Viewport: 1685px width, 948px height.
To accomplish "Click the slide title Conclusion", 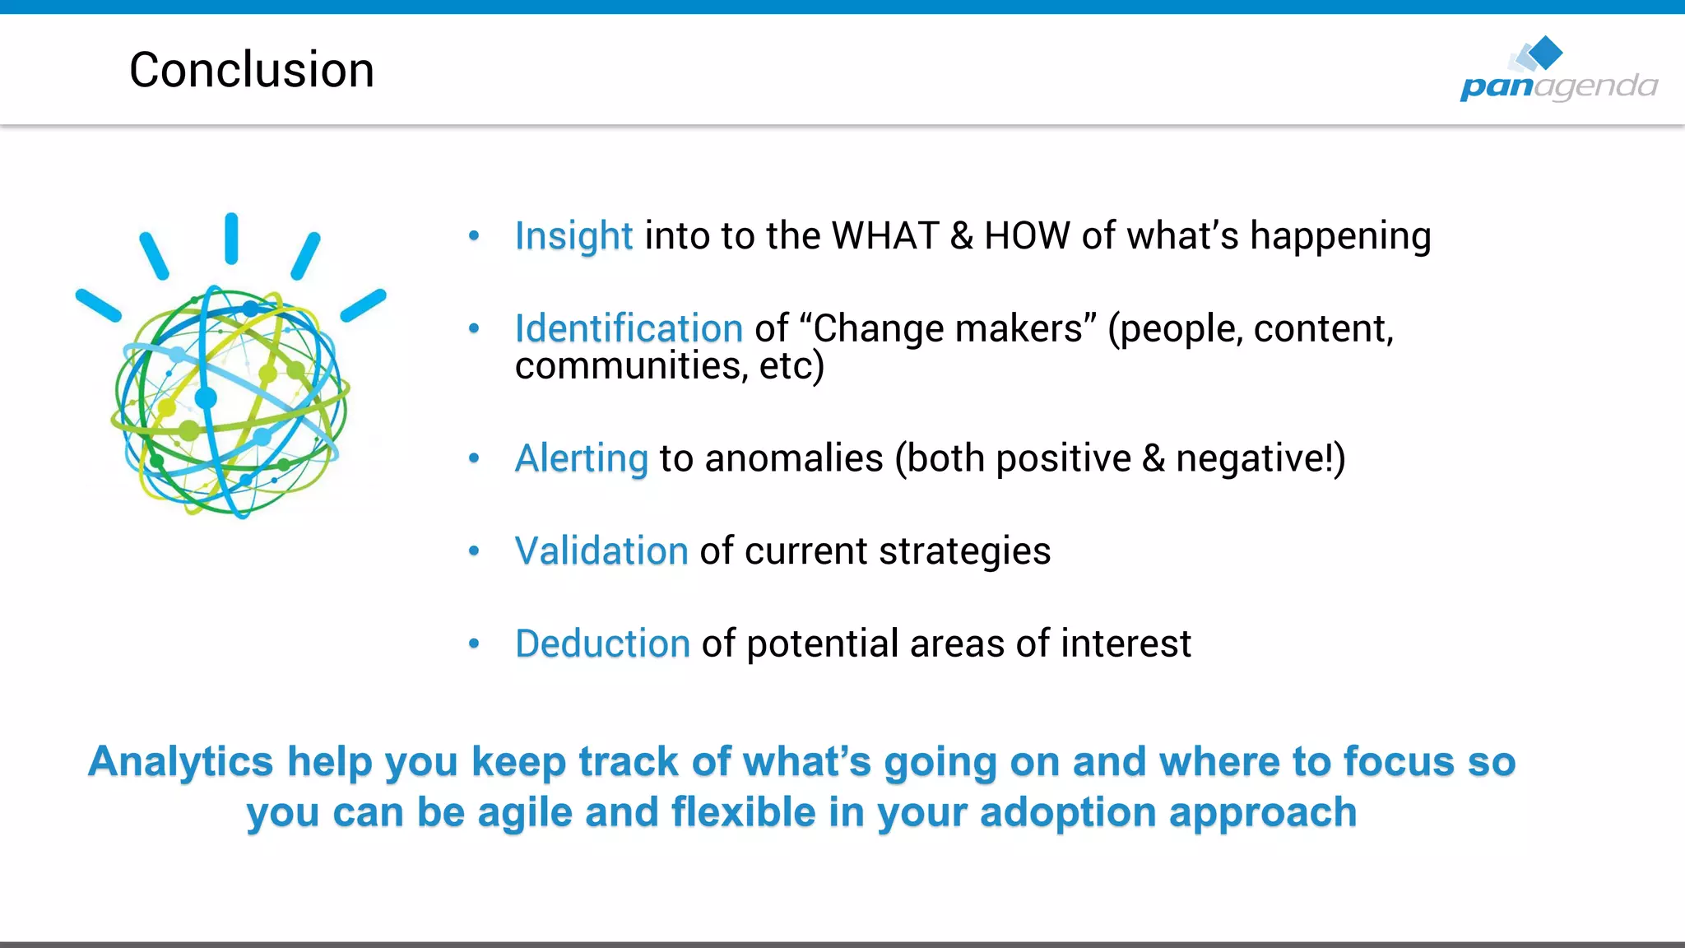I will click(252, 70).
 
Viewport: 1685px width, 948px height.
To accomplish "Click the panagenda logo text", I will click(1558, 86).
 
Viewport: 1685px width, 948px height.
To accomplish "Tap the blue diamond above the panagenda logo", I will click(1546, 52).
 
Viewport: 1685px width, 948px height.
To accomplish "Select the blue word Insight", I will click(573, 236).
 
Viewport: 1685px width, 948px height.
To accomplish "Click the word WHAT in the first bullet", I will click(885, 236).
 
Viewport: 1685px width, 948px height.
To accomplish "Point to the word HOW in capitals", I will click(1027, 236).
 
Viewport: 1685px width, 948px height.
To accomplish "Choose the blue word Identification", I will click(629, 328).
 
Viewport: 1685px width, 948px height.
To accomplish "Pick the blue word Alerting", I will click(582, 458).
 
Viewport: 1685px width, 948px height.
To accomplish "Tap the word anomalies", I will click(793, 458).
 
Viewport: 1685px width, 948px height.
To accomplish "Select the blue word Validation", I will click(601, 551).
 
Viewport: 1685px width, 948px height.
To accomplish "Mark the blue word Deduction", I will click(602, 644).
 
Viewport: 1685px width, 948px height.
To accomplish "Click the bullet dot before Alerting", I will click(474, 458).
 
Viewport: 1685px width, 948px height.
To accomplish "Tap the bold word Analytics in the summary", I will click(180, 761).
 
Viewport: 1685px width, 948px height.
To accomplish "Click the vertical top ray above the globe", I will click(231, 239).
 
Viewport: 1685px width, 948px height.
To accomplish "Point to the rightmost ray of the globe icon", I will click(364, 305).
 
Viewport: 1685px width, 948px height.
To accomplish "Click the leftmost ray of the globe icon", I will click(98, 305).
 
